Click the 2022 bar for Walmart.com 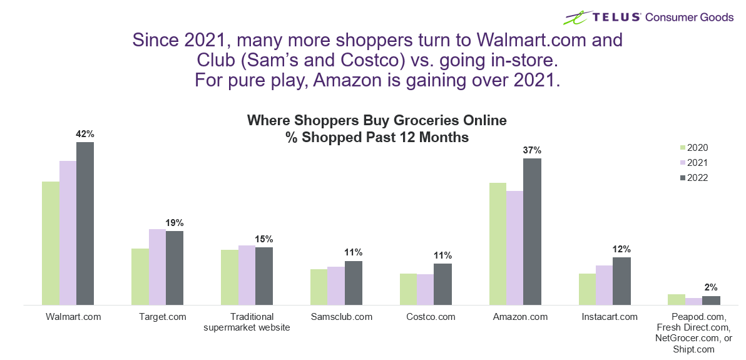(x=85, y=224)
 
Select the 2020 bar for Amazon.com (x=498, y=244)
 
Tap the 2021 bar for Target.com (x=157, y=267)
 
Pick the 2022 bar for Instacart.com (x=621, y=281)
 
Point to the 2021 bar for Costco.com (x=425, y=289)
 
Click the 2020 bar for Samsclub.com (x=319, y=287)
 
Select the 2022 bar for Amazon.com (x=532, y=232)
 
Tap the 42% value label (x=85, y=134)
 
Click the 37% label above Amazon (x=532, y=150)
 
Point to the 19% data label (x=175, y=223)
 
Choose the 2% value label (x=711, y=288)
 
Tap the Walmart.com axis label (x=73, y=317)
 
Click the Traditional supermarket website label (x=247, y=322)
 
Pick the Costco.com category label (x=431, y=317)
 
